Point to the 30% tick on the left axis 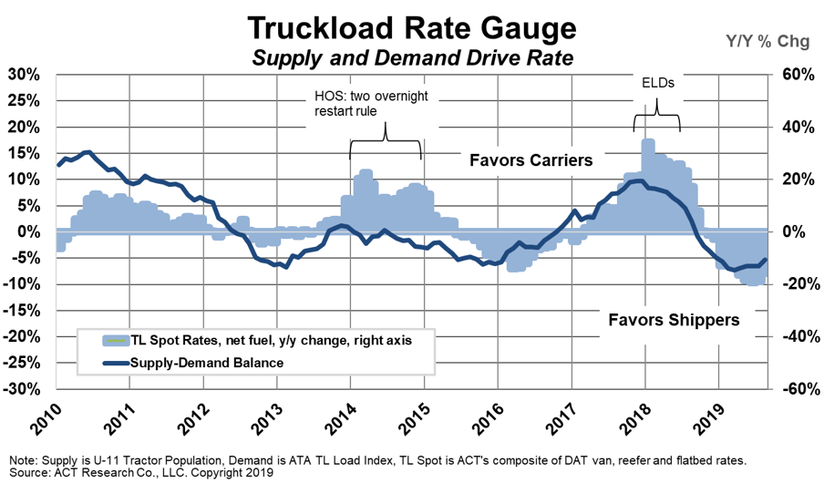point(26,74)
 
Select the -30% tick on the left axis point(24,389)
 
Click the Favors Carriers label point(531,160)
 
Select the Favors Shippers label point(674,320)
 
